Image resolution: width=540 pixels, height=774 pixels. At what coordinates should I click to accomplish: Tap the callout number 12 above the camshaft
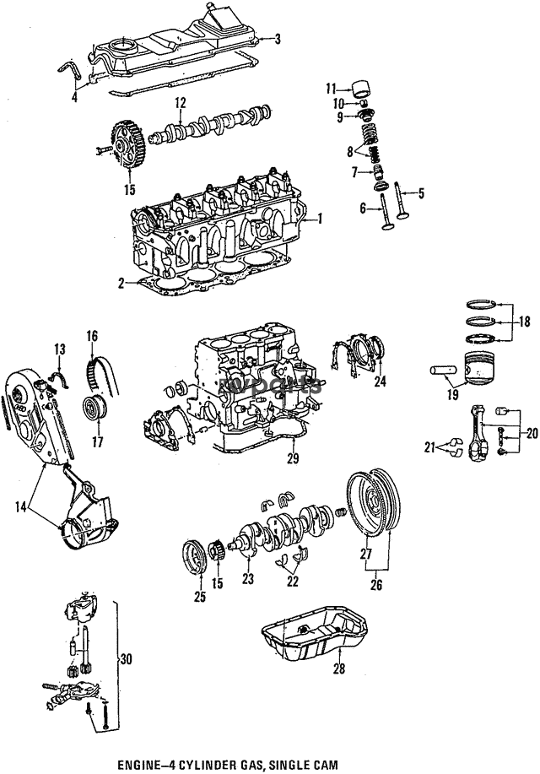(180, 102)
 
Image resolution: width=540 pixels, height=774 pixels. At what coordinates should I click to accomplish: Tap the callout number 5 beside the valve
(421, 193)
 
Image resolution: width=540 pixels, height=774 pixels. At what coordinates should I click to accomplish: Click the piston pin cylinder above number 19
(442, 369)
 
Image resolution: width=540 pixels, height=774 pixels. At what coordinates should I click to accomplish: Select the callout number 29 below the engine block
(293, 458)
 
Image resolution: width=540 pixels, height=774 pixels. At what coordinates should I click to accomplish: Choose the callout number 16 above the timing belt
(91, 336)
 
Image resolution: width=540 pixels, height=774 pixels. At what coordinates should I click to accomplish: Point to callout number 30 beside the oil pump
(126, 659)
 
